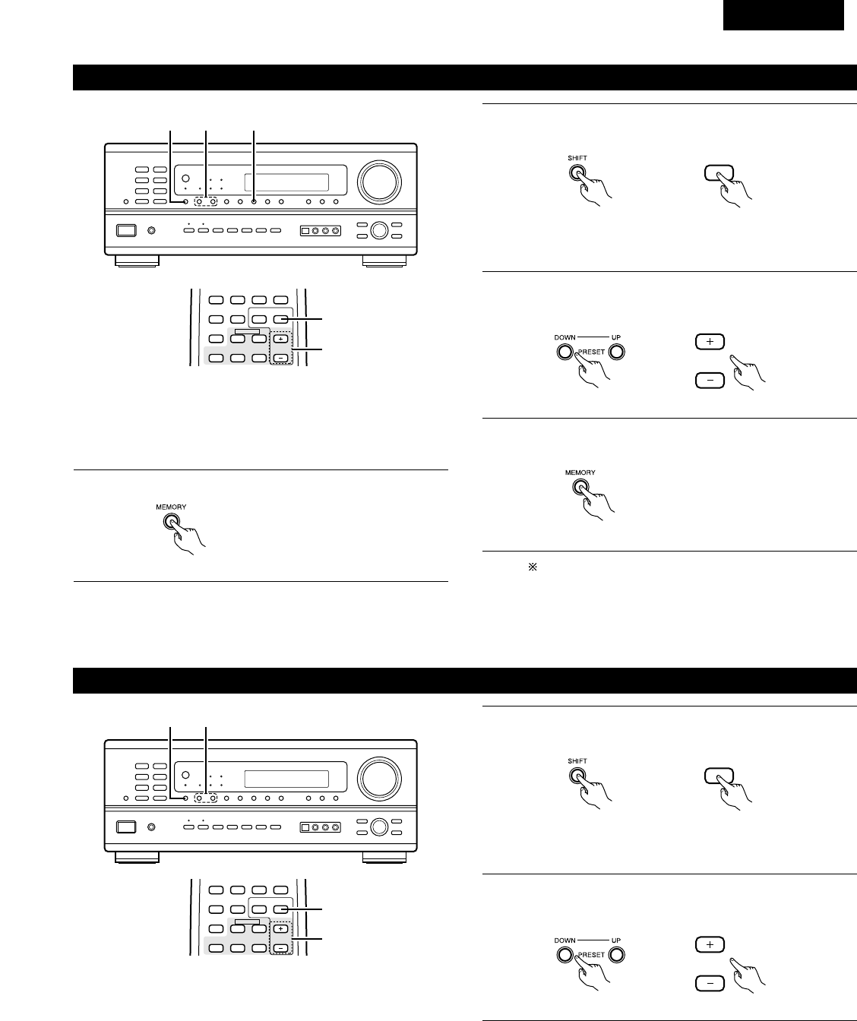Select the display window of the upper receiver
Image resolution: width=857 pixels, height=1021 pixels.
pyautogui.click(x=286, y=183)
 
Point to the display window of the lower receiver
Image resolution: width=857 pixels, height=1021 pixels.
pyautogui.click(x=286, y=779)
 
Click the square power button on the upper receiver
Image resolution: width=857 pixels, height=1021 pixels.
pyautogui.click(x=125, y=230)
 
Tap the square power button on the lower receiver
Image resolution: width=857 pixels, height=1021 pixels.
pyautogui.click(x=125, y=827)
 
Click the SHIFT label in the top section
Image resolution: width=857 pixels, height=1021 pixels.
pyautogui.click(x=577, y=158)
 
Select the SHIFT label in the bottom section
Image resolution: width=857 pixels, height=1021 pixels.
pyautogui.click(x=577, y=760)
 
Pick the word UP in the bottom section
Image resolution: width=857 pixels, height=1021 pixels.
pyautogui.click(x=616, y=940)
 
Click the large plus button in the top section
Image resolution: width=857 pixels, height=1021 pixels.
pyautogui.click(x=710, y=342)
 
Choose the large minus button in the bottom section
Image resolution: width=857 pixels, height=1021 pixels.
pyautogui.click(x=710, y=983)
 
